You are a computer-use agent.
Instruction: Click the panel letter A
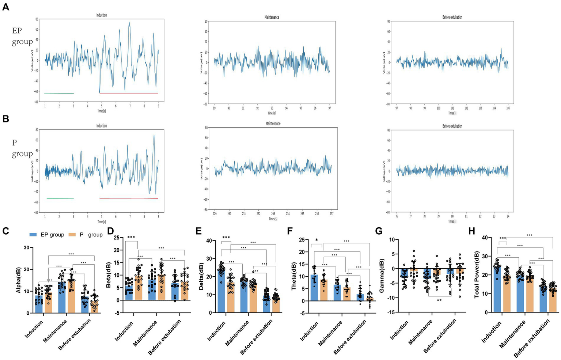[5, 7]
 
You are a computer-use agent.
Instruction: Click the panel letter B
[5, 119]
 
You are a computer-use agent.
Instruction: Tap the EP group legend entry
[48, 235]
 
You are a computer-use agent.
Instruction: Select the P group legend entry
[86, 235]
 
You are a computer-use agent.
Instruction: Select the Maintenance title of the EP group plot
[272, 17]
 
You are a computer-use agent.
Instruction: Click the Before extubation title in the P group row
[452, 126]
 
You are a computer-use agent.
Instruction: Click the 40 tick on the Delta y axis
[209, 240]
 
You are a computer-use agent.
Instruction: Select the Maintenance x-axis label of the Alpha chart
[55, 331]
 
